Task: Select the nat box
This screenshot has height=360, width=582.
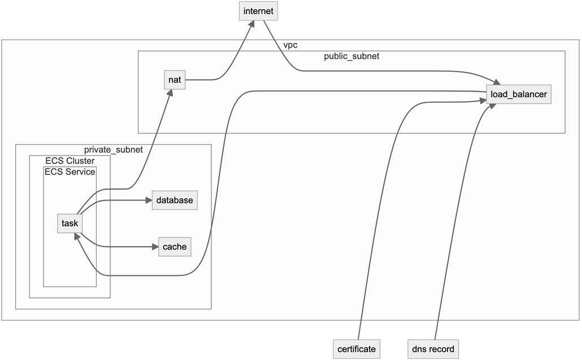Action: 175,80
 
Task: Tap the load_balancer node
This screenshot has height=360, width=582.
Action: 518,94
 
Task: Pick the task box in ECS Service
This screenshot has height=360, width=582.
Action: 70,223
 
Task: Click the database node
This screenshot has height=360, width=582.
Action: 175,200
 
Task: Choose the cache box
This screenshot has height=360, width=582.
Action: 174,247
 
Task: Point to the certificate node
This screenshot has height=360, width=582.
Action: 355,349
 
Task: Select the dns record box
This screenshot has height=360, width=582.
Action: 433,349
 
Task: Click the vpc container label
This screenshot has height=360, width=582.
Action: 290,45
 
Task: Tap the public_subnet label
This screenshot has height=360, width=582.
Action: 351,56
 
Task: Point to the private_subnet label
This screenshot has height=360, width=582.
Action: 113,150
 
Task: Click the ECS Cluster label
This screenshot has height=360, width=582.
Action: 70,161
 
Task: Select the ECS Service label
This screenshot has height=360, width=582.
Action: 70,172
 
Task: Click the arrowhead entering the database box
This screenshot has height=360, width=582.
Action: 148,200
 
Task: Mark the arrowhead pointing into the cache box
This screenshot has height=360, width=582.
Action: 155,247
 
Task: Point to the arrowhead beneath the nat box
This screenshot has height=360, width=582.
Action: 170,93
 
